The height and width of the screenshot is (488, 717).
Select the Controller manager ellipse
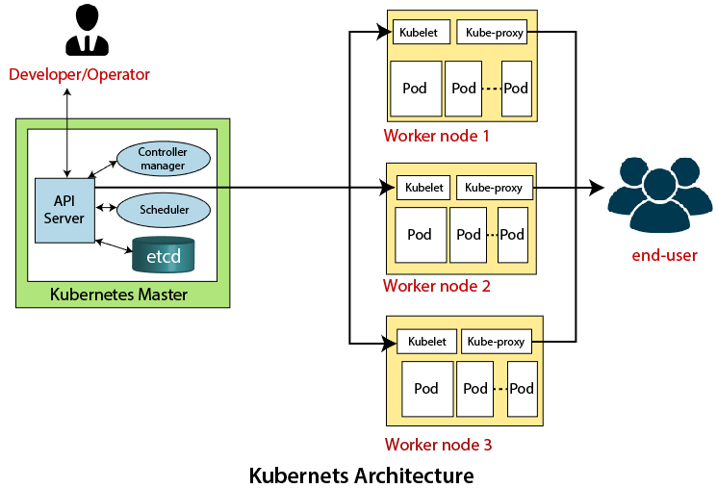click(x=163, y=159)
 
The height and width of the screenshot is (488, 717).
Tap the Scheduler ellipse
click(x=164, y=209)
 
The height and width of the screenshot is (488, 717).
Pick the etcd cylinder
click(x=163, y=255)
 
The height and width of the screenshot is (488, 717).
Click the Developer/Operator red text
click(x=79, y=74)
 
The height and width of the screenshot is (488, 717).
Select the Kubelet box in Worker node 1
click(x=418, y=32)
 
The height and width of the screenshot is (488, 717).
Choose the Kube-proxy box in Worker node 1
click(x=493, y=32)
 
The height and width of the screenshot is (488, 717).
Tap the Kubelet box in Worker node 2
click(x=423, y=188)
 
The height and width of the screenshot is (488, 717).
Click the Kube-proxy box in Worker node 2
click(x=494, y=188)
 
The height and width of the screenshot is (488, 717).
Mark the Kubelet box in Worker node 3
click(x=425, y=341)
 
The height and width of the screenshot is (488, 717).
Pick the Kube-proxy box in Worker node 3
click(x=497, y=341)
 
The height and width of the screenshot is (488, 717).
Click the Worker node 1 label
click(x=436, y=135)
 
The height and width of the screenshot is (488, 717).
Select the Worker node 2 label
click(x=436, y=286)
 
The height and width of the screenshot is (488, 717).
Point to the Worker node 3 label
click(x=438, y=445)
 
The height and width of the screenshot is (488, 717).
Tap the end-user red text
click(x=663, y=255)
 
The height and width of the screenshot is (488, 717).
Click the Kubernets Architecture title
click(x=361, y=475)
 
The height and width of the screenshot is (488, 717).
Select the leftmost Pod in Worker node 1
click(x=415, y=90)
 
